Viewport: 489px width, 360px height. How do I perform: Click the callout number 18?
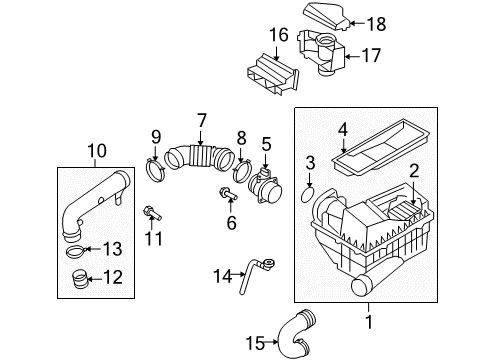tap(377, 24)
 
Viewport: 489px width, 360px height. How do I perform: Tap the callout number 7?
tap(201, 121)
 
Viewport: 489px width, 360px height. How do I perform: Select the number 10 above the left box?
tap(97, 150)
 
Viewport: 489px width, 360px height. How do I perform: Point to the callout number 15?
tap(255, 343)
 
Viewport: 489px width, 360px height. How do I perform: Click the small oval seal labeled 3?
tap(307, 194)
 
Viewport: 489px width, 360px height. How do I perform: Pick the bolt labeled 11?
tap(152, 213)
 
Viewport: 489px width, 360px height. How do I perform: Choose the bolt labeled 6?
tap(228, 194)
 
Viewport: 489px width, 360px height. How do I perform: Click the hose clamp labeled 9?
tap(155, 171)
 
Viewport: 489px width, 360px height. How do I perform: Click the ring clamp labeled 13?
tap(77, 251)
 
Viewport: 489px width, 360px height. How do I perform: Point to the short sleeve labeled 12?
tap(79, 279)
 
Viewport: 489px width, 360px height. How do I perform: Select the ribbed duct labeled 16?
tap(272, 74)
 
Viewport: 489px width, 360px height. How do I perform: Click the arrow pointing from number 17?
tap(353, 56)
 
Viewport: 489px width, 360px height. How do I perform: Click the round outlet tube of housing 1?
tap(363, 284)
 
